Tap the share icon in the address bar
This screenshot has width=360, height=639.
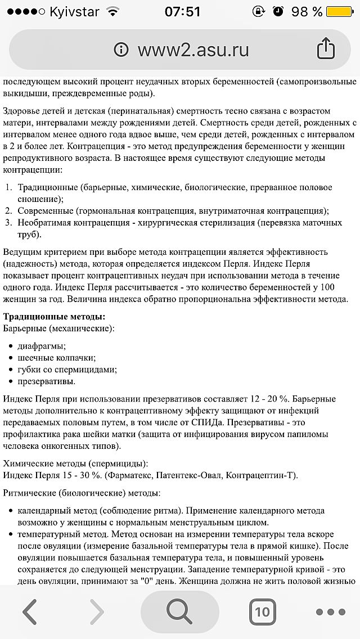[x=326, y=49]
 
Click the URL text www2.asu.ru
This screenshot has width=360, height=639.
[x=193, y=49]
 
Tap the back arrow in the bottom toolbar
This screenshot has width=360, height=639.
[x=29, y=611]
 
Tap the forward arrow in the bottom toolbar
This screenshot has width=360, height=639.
[x=97, y=611]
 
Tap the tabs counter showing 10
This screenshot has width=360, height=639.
[x=262, y=611]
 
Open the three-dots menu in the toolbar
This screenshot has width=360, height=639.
[x=330, y=612]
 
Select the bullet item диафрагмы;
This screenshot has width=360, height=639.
[x=42, y=346]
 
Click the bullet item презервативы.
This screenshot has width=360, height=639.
[x=46, y=381]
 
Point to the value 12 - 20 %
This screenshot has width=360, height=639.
[x=268, y=399]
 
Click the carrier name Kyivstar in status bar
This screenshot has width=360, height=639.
[x=74, y=11]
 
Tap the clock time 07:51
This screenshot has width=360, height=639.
[x=183, y=11]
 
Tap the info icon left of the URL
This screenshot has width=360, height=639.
[x=121, y=49]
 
